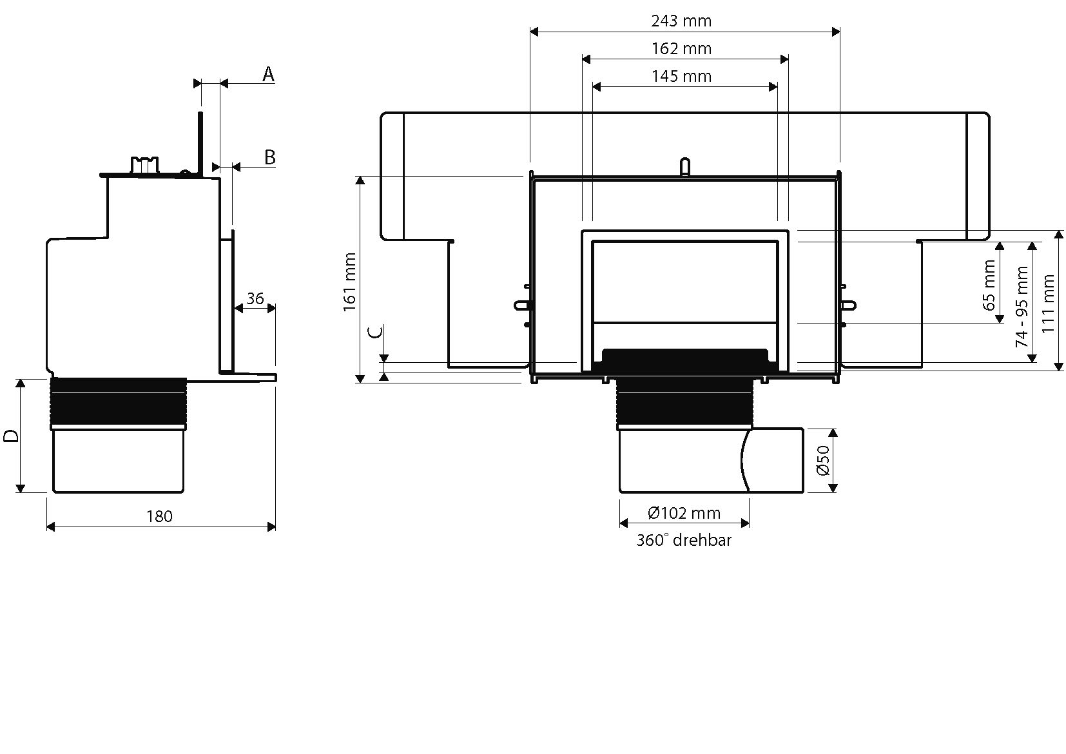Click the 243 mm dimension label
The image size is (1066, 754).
pyautogui.click(x=681, y=21)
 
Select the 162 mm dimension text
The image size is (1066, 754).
pyautogui.click(x=681, y=48)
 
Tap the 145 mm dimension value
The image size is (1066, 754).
pyautogui.click(x=681, y=76)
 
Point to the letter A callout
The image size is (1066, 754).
pyautogui.click(x=268, y=74)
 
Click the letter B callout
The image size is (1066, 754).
pyautogui.click(x=270, y=157)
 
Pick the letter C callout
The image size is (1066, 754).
pyautogui.click(x=376, y=332)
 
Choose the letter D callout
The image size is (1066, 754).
pyautogui.click(x=11, y=436)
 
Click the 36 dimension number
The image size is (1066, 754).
pyautogui.click(x=255, y=299)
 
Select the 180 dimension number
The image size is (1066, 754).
pyautogui.click(x=159, y=516)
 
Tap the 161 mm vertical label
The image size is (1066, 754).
pyautogui.click(x=350, y=282)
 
